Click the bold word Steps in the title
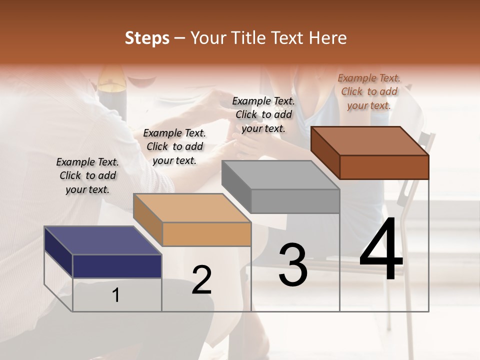pos(147,38)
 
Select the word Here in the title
pos(328,38)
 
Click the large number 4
pos(381,249)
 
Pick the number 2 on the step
pos(201,280)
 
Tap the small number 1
pos(116,295)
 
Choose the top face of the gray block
pos(280,175)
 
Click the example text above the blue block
pos(87,175)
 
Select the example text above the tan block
pos(174,146)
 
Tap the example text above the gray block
pos(263,114)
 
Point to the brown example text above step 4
pos(369,91)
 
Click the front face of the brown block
pos(384,167)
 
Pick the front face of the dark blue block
pos(117,266)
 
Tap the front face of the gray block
pos(295,201)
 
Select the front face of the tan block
pos(206,234)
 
